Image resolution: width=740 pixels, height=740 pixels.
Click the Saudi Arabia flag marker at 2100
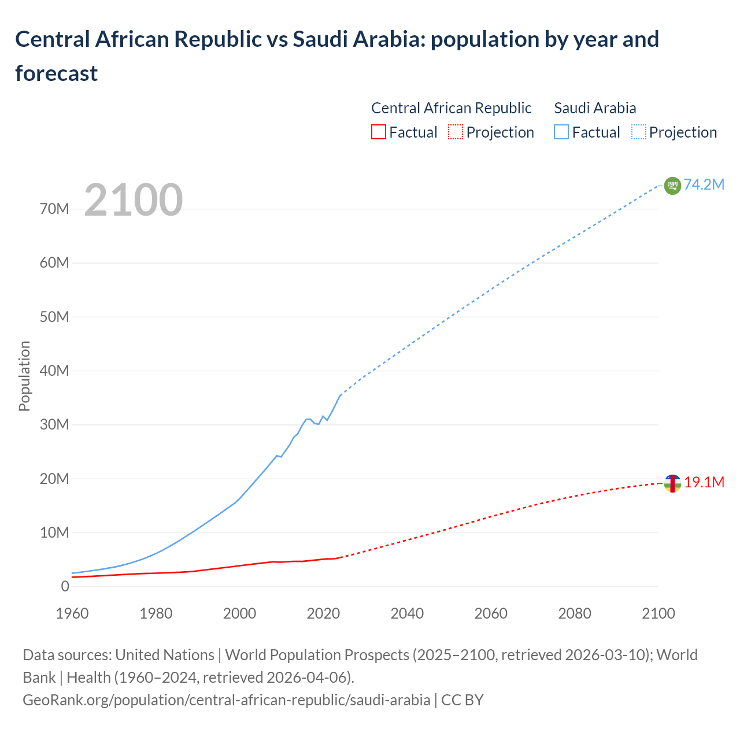(x=672, y=186)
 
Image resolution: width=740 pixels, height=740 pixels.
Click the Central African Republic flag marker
(x=672, y=483)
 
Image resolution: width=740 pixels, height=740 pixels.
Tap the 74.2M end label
(x=704, y=184)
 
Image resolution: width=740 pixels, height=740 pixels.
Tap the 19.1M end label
(x=704, y=482)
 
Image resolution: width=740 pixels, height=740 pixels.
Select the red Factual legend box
(x=378, y=132)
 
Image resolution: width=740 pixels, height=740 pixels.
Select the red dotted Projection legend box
(x=456, y=132)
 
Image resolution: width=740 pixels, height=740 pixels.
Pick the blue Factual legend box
(x=561, y=132)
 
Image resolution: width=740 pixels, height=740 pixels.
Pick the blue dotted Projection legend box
(x=638, y=132)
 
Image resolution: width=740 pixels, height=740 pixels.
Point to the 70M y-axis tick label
(x=54, y=209)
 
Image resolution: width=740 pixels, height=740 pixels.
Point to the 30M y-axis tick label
(x=54, y=424)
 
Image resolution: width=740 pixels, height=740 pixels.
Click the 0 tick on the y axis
(x=65, y=586)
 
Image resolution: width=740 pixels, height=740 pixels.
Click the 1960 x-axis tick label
(x=72, y=613)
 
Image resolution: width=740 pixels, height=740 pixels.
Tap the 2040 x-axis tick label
(x=407, y=613)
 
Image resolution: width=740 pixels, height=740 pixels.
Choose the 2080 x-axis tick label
(x=575, y=613)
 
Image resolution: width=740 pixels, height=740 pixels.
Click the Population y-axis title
(x=24, y=376)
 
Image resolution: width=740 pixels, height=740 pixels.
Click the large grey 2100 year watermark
(x=134, y=200)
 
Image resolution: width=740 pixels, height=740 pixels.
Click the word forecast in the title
(x=56, y=73)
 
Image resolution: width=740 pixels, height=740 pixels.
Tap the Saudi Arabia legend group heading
(x=595, y=108)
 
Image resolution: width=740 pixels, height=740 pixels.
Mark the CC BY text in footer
(x=462, y=700)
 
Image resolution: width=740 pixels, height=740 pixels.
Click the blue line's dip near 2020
(x=318, y=424)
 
